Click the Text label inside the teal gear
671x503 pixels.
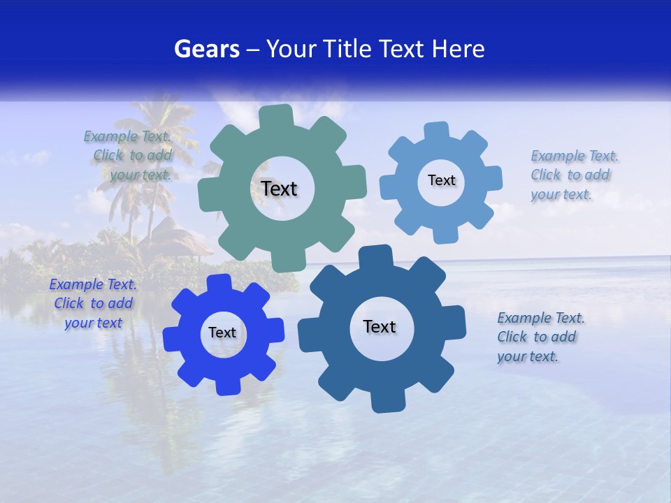tap(279, 189)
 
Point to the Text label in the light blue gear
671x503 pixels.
tap(441, 180)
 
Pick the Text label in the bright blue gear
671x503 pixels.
tap(222, 333)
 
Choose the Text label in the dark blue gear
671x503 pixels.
tap(380, 326)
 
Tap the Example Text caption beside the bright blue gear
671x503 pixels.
tap(93, 303)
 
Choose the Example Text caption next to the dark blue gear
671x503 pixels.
tap(540, 337)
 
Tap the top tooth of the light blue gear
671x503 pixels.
tap(436, 132)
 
